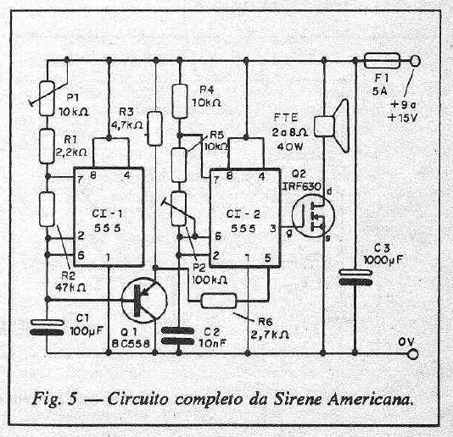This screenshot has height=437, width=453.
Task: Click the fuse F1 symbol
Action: (382, 61)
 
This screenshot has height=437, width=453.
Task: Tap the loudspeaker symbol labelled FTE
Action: (332, 125)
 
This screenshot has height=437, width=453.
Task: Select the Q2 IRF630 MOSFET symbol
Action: (314, 215)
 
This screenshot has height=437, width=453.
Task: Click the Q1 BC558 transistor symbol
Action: (144, 301)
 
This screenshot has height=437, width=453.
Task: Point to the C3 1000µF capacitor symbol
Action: (355, 277)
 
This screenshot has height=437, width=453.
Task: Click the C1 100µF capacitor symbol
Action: (47, 328)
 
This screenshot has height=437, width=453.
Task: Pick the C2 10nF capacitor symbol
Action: (177, 335)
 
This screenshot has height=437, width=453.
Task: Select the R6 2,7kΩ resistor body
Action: (219, 301)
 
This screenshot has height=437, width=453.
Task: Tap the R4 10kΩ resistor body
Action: (180, 102)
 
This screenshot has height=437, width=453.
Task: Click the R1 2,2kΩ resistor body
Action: (47, 147)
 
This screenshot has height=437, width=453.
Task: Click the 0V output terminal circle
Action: (413, 354)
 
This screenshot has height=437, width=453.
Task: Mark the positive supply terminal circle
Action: (415, 61)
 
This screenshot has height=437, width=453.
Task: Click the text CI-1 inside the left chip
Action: (107, 213)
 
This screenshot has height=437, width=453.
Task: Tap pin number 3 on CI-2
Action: (272, 228)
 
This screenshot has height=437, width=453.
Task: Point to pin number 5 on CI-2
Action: (268, 257)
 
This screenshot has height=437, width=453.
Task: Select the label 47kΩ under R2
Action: (70, 287)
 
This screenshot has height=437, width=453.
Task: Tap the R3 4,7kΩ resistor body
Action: (155, 129)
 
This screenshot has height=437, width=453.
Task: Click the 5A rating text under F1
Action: (379, 91)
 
